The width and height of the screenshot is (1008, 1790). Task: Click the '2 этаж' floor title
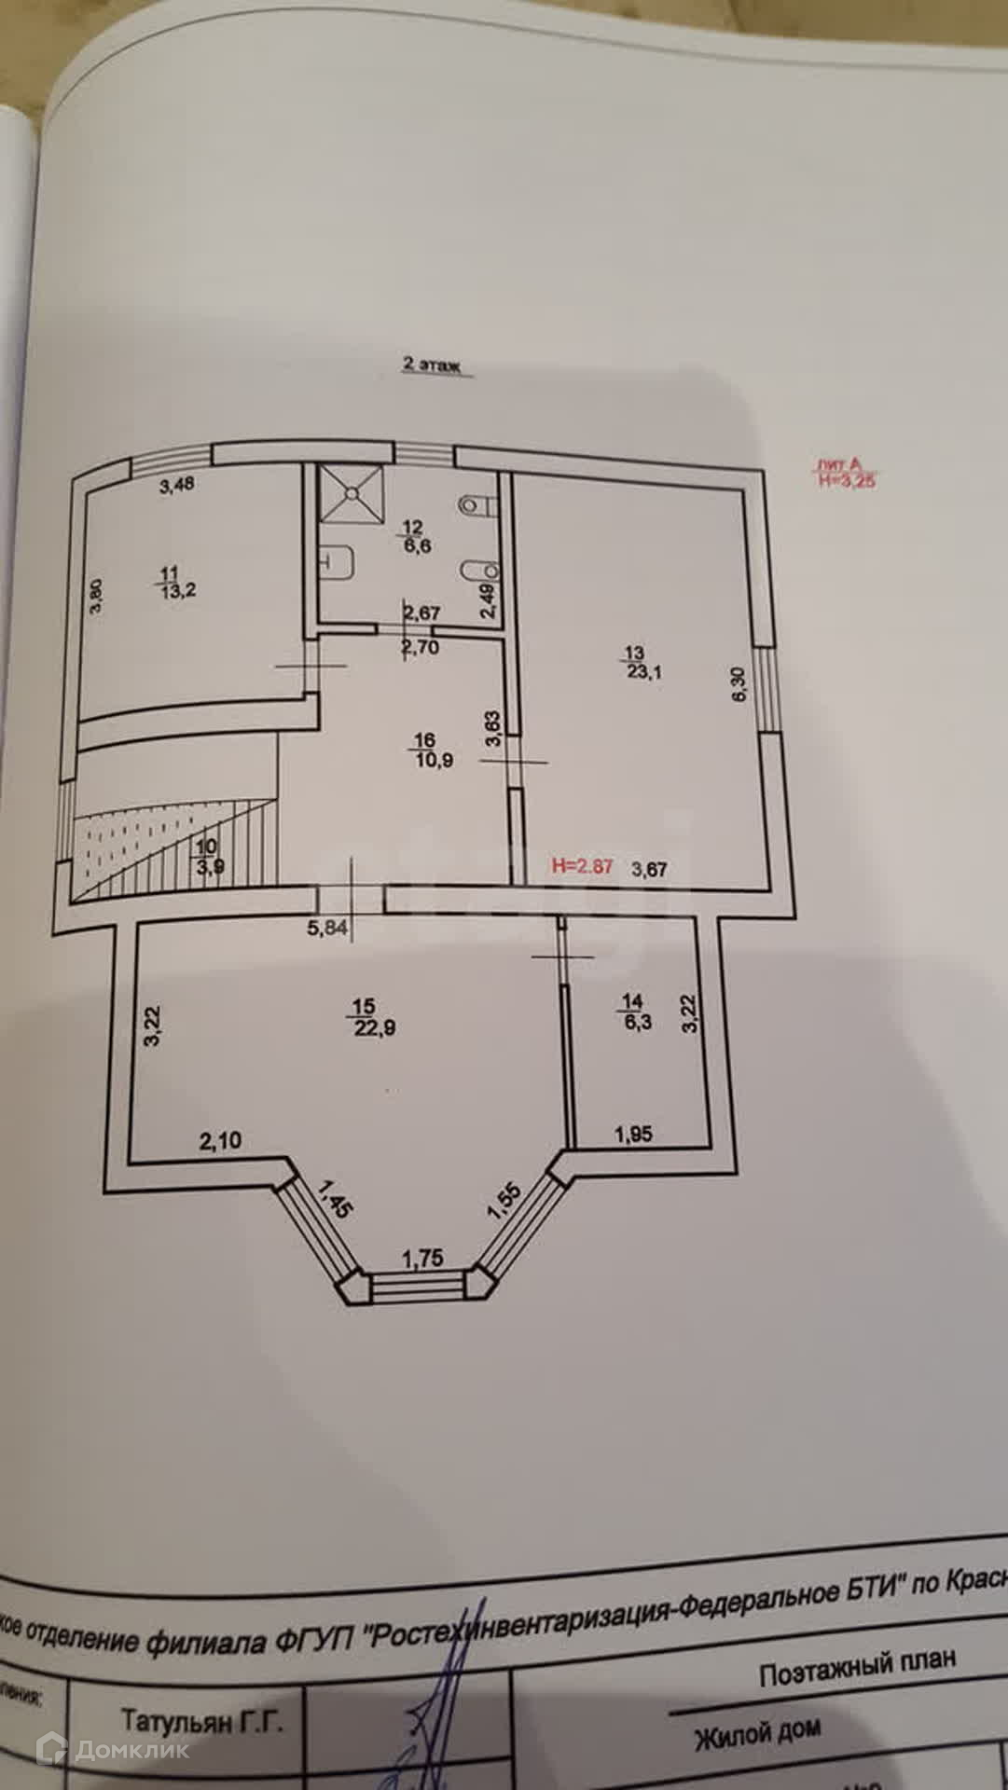point(432,366)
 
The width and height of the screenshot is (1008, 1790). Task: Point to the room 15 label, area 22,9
point(365,1018)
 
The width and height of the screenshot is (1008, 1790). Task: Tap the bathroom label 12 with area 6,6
point(414,538)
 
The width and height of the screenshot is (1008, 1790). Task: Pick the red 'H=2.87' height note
point(582,866)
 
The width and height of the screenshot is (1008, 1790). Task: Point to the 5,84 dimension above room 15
point(325,928)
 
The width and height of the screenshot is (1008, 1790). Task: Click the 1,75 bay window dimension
point(421,1258)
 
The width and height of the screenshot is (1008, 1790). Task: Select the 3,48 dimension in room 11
point(176,484)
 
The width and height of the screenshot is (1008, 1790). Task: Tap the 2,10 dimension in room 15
point(220,1139)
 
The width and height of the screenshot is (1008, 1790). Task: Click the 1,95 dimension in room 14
point(633,1135)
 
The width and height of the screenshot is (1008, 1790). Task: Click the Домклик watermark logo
point(112,1749)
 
